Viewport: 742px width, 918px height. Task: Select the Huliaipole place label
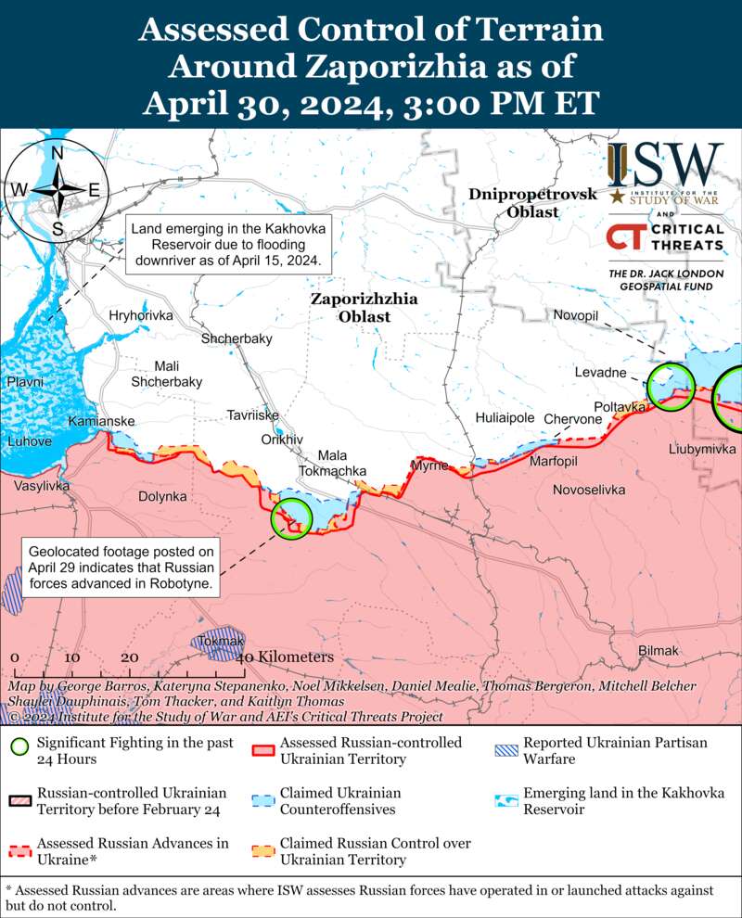coord(505,418)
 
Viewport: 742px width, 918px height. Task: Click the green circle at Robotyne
coord(291,518)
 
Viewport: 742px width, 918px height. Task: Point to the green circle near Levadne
coord(671,386)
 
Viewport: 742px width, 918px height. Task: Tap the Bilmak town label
coord(659,651)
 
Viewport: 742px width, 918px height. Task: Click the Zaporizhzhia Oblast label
coord(364,308)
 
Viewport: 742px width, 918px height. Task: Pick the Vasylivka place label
coord(41,485)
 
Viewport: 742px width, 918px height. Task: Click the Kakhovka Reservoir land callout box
coord(229,244)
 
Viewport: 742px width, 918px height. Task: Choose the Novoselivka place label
coord(588,490)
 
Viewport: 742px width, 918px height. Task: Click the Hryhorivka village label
coord(141,316)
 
